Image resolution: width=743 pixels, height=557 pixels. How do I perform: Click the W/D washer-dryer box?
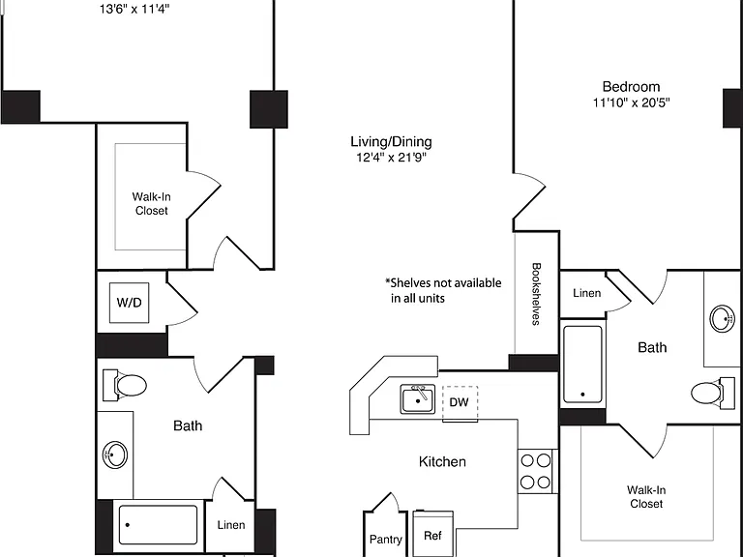(129, 303)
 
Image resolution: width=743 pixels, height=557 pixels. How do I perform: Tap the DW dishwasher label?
(459, 402)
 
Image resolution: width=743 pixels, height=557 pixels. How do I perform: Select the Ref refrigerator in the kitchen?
(432, 534)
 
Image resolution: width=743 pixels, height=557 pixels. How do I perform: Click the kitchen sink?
(418, 399)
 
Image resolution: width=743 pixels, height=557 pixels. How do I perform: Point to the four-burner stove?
(536, 471)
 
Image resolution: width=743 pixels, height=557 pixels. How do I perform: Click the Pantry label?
(386, 540)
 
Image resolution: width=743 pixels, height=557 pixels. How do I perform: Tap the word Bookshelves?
(536, 294)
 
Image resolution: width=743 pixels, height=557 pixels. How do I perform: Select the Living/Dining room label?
(392, 141)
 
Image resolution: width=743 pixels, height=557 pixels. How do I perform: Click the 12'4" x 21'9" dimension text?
(392, 158)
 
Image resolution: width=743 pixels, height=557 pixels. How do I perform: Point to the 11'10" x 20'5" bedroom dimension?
(631, 103)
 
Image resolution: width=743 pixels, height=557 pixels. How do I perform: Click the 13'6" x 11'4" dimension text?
(134, 9)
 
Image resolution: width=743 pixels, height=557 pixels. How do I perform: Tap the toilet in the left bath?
(125, 385)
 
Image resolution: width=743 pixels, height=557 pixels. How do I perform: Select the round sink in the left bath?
(115, 455)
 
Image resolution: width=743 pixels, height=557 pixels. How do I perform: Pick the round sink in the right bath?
(722, 318)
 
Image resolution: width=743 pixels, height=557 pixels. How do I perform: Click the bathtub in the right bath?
(582, 365)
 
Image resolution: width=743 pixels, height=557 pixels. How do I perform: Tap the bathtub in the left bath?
(158, 525)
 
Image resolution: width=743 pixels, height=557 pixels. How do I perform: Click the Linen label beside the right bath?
(586, 293)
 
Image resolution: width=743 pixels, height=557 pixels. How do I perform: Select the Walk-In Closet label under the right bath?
(646, 497)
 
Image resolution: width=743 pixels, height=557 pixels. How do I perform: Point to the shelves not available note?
(443, 290)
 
